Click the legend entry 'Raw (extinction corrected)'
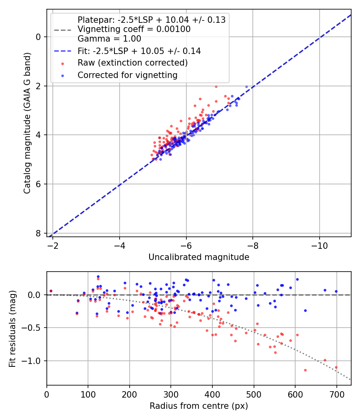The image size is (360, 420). click(x=132, y=63)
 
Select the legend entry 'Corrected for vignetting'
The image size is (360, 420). click(x=127, y=75)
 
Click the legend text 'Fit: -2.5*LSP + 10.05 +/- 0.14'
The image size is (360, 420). click(x=139, y=51)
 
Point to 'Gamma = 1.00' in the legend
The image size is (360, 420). click(x=109, y=39)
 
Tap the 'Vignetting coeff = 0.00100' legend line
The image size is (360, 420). click(x=134, y=29)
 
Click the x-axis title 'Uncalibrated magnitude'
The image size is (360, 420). click(x=199, y=257)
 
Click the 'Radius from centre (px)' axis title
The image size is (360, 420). click(x=199, y=406)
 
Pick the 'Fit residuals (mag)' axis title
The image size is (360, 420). click(x=12, y=328)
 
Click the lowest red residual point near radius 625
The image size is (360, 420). click(x=305, y=370)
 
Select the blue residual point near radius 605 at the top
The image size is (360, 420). click(x=297, y=279)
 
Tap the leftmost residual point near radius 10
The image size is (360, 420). click(x=51, y=291)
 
